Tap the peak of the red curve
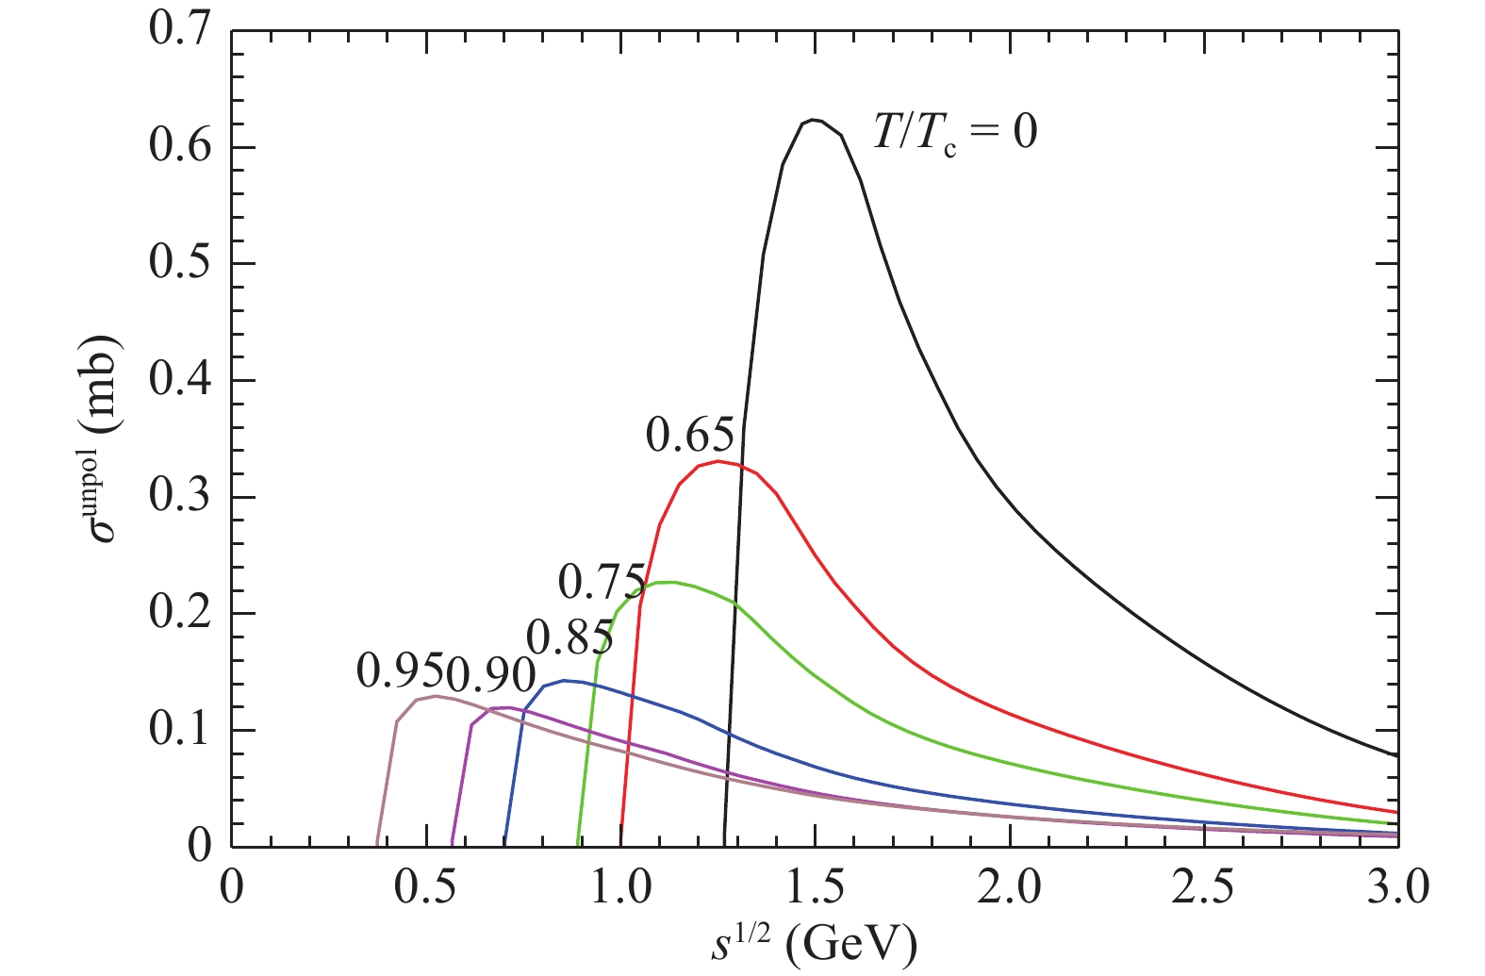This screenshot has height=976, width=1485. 718,461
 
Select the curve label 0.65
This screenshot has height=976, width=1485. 689,435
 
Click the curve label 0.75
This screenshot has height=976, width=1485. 602,581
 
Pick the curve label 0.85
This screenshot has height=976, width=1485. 569,638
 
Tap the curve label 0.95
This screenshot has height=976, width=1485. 400,671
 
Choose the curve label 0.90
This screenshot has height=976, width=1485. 490,673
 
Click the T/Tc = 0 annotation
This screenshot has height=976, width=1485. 954,131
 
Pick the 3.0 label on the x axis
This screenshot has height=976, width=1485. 1395,889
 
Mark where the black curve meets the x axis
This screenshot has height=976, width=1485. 724,845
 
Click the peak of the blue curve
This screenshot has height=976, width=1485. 565,680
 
